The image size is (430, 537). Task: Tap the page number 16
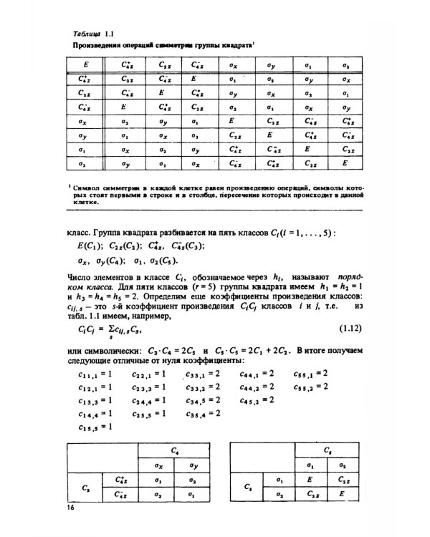70,508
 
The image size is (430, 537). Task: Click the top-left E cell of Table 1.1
86,65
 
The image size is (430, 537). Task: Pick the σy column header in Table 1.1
271,65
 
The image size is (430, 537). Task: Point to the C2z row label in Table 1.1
85,93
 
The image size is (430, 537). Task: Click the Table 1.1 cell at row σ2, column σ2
345,163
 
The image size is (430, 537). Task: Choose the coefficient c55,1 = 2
310,373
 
